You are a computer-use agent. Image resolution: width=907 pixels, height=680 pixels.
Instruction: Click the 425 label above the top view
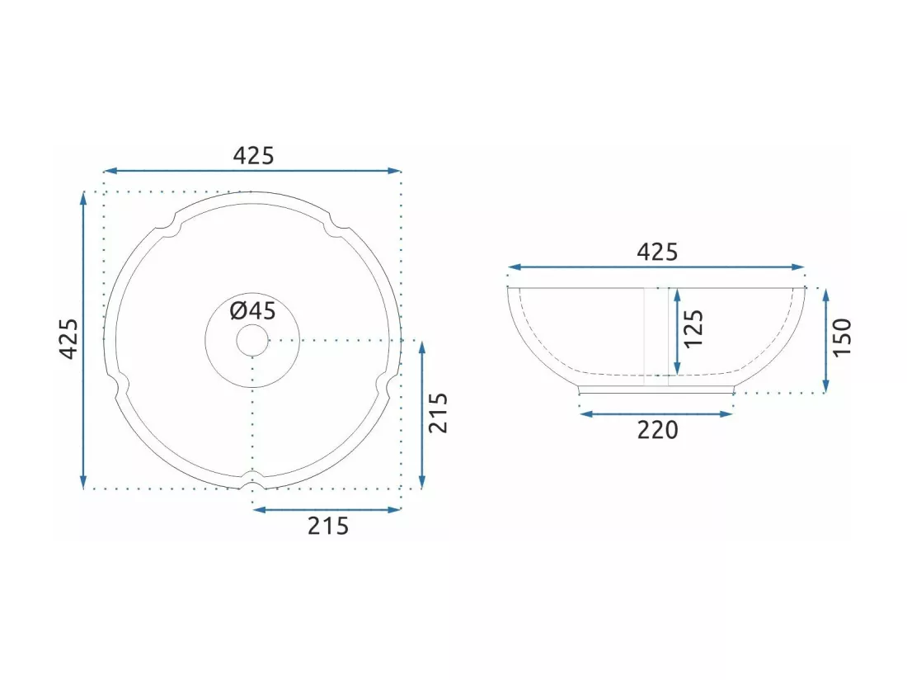(x=253, y=156)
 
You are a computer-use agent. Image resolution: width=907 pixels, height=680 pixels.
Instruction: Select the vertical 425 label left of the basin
(x=69, y=339)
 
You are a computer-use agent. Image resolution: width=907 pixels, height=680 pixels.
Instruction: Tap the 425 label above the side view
(x=657, y=253)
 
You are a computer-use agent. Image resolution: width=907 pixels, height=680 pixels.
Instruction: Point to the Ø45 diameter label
(x=253, y=311)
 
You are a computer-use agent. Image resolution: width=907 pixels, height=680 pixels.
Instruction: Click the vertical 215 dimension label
(x=439, y=413)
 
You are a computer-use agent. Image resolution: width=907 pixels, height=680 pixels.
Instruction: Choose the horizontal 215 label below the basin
(x=328, y=526)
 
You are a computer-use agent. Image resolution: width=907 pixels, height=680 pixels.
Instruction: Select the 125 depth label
(x=693, y=328)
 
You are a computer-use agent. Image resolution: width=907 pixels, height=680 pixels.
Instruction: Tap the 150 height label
(x=842, y=338)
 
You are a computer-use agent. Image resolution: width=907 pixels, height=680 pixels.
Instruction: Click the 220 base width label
(x=657, y=430)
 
